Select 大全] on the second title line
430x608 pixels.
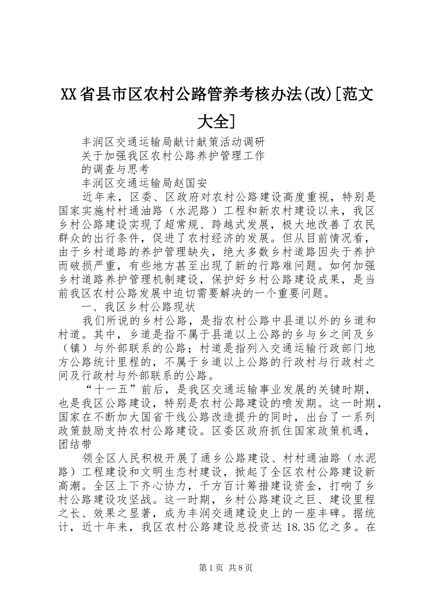click(216, 121)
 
